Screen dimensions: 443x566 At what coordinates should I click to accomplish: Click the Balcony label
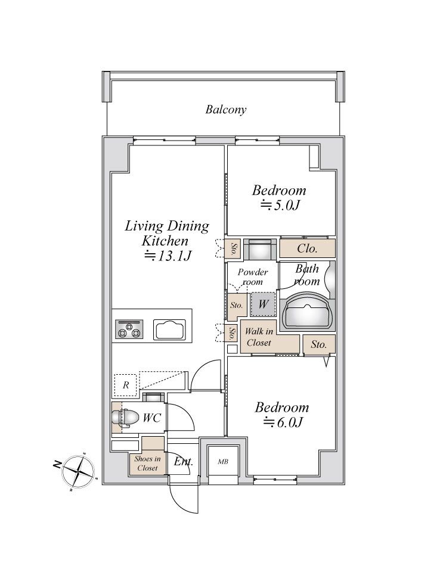click(226, 110)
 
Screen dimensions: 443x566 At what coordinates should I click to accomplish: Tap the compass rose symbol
click(79, 471)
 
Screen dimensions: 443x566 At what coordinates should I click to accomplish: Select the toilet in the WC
click(125, 417)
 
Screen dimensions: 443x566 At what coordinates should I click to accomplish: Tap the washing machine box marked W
click(263, 304)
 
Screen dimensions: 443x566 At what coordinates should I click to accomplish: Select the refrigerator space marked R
click(125, 385)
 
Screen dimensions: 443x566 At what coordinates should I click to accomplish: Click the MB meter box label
click(223, 461)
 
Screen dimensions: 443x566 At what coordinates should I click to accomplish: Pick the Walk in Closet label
click(259, 337)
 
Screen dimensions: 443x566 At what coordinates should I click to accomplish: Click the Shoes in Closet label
click(147, 463)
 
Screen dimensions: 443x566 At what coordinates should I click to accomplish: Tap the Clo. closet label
click(307, 248)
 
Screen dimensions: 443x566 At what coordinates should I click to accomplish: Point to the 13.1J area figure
click(168, 256)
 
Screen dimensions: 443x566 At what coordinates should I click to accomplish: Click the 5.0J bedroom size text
click(280, 205)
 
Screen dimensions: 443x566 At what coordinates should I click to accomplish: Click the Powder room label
click(253, 277)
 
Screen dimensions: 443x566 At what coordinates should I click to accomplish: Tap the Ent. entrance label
click(184, 461)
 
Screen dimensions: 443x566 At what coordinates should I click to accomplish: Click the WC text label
click(152, 418)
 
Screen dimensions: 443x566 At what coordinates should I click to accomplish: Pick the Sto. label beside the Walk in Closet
click(319, 344)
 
